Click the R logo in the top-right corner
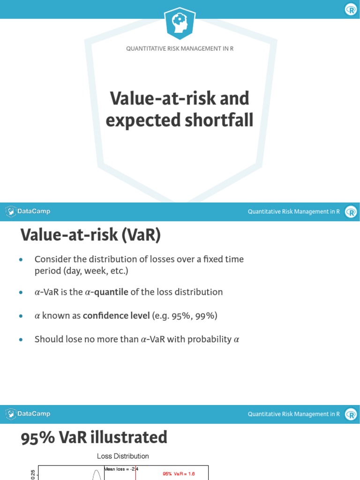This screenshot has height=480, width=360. pyautogui.click(x=351, y=9)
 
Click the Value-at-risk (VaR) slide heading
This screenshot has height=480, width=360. pyautogui.click(x=90, y=235)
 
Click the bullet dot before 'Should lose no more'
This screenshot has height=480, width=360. pyautogui.click(x=21, y=340)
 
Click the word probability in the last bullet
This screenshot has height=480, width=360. pyautogui.click(x=210, y=339)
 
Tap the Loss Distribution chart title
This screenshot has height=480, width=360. pyautogui.click(x=123, y=456)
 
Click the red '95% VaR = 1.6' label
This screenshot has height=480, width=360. pyautogui.click(x=179, y=474)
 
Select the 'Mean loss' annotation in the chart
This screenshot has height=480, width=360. pyautogui.click(x=120, y=469)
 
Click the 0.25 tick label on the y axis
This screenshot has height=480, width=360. pyautogui.click(x=32, y=474)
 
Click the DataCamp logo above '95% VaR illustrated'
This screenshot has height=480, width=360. pyautogui.click(x=28, y=414)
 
